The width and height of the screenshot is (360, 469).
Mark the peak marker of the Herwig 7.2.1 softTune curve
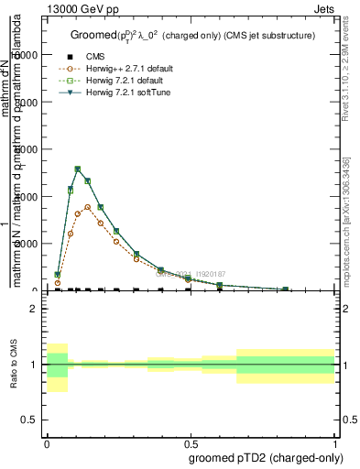click(x=78, y=169)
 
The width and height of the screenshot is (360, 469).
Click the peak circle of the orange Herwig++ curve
click(x=88, y=207)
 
